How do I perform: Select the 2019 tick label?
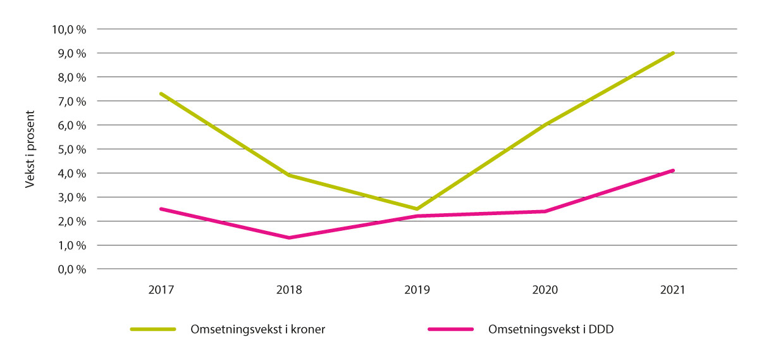coord(417,291)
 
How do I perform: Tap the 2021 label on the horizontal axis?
coord(672,291)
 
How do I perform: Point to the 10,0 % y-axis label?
coord(71,30)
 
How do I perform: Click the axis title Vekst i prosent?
coord(30,149)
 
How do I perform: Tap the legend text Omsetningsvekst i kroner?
coord(257,330)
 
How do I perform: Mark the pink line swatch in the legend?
coord(450,330)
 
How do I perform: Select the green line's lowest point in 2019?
coord(417,209)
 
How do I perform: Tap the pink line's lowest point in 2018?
coord(289,238)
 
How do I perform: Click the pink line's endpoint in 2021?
coord(673,170)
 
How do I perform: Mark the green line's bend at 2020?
coord(545,125)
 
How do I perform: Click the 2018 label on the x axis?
coord(289,291)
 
